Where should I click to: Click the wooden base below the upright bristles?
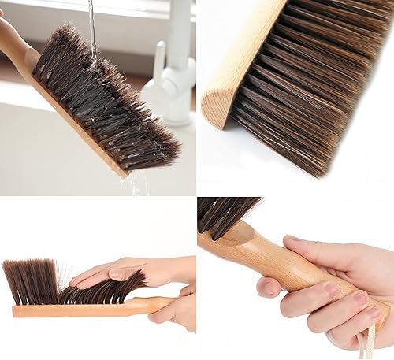[47, 310]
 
